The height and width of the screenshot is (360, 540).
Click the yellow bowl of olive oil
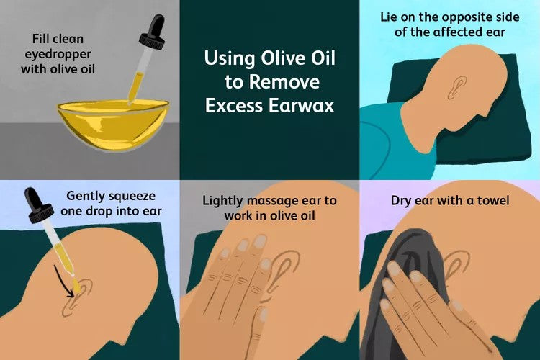pyautogui.click(x=113, y=123)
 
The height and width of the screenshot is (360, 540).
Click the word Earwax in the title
pyautogui.click(x=302, y=105)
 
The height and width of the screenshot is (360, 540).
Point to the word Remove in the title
pyautogui.click(x=284, y=82)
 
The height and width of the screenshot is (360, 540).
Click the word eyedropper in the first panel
pyautogui.click(x=58, y=54)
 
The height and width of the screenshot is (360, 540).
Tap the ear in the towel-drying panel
pyautogui.click(x=458, y=264)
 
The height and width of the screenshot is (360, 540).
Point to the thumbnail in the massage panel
pyautogui.click(x=264, y=315)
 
